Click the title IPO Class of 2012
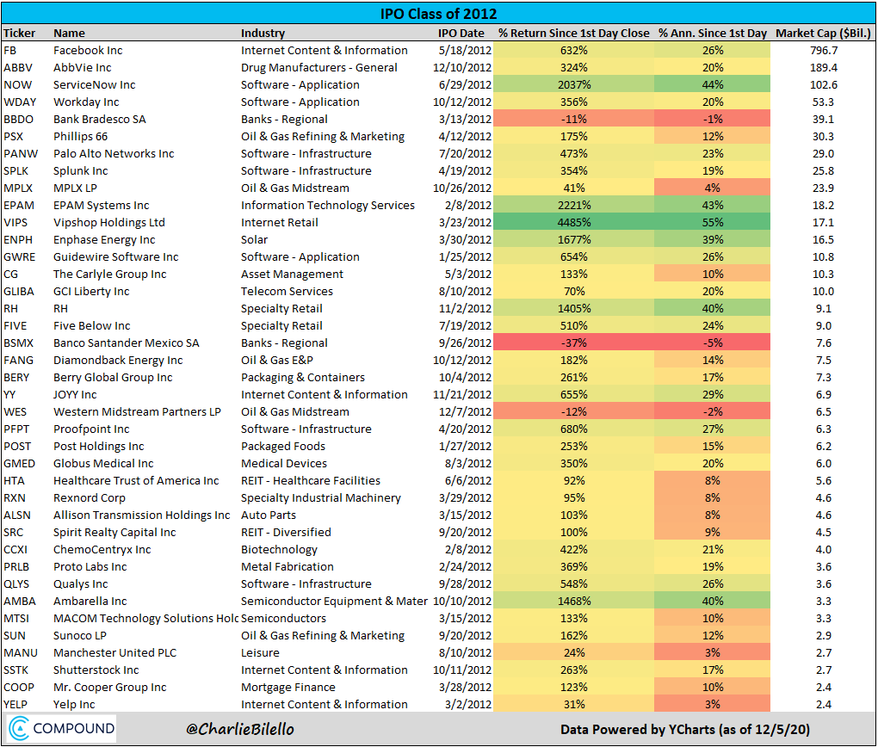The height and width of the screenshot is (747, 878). click(439, 14)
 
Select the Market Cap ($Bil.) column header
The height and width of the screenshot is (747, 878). click(823, 33)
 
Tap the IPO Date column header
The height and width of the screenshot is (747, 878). click(461, 33)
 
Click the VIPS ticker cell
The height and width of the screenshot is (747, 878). click(17, 222)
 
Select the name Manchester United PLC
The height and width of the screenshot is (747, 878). click(114, 652)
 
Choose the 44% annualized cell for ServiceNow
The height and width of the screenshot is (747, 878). click(712, 84)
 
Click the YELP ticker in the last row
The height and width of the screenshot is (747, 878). click(17, 704)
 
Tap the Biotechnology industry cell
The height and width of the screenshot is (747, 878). click(279, 549)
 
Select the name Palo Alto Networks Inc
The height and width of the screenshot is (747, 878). click(114, 153)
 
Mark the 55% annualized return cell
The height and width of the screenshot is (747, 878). click(712, 222)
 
